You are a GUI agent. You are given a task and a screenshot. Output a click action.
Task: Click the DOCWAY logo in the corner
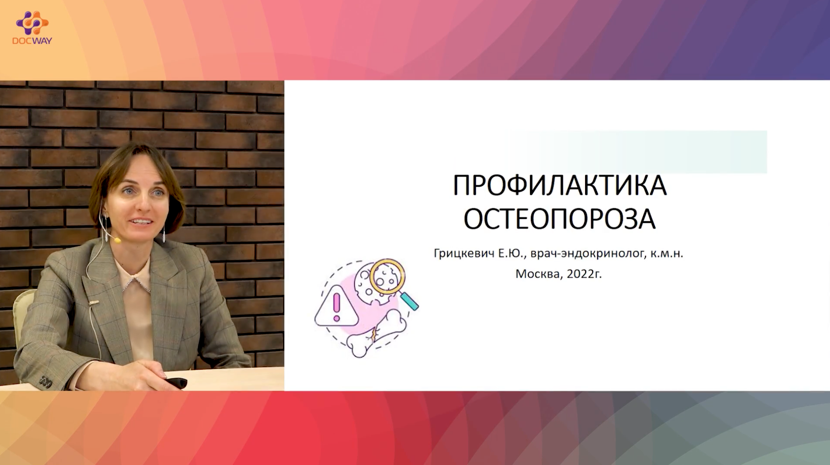(32, 28)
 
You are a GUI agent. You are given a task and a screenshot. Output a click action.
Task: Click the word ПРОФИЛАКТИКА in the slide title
(559, 185)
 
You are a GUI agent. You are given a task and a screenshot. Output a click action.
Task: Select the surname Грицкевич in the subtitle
(464, 254)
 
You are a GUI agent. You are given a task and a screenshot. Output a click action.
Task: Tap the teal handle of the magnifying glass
(409, 301)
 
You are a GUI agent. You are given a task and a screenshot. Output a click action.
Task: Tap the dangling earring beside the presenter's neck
(164, 235)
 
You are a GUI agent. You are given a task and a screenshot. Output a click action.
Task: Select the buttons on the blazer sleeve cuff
(45, 381)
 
